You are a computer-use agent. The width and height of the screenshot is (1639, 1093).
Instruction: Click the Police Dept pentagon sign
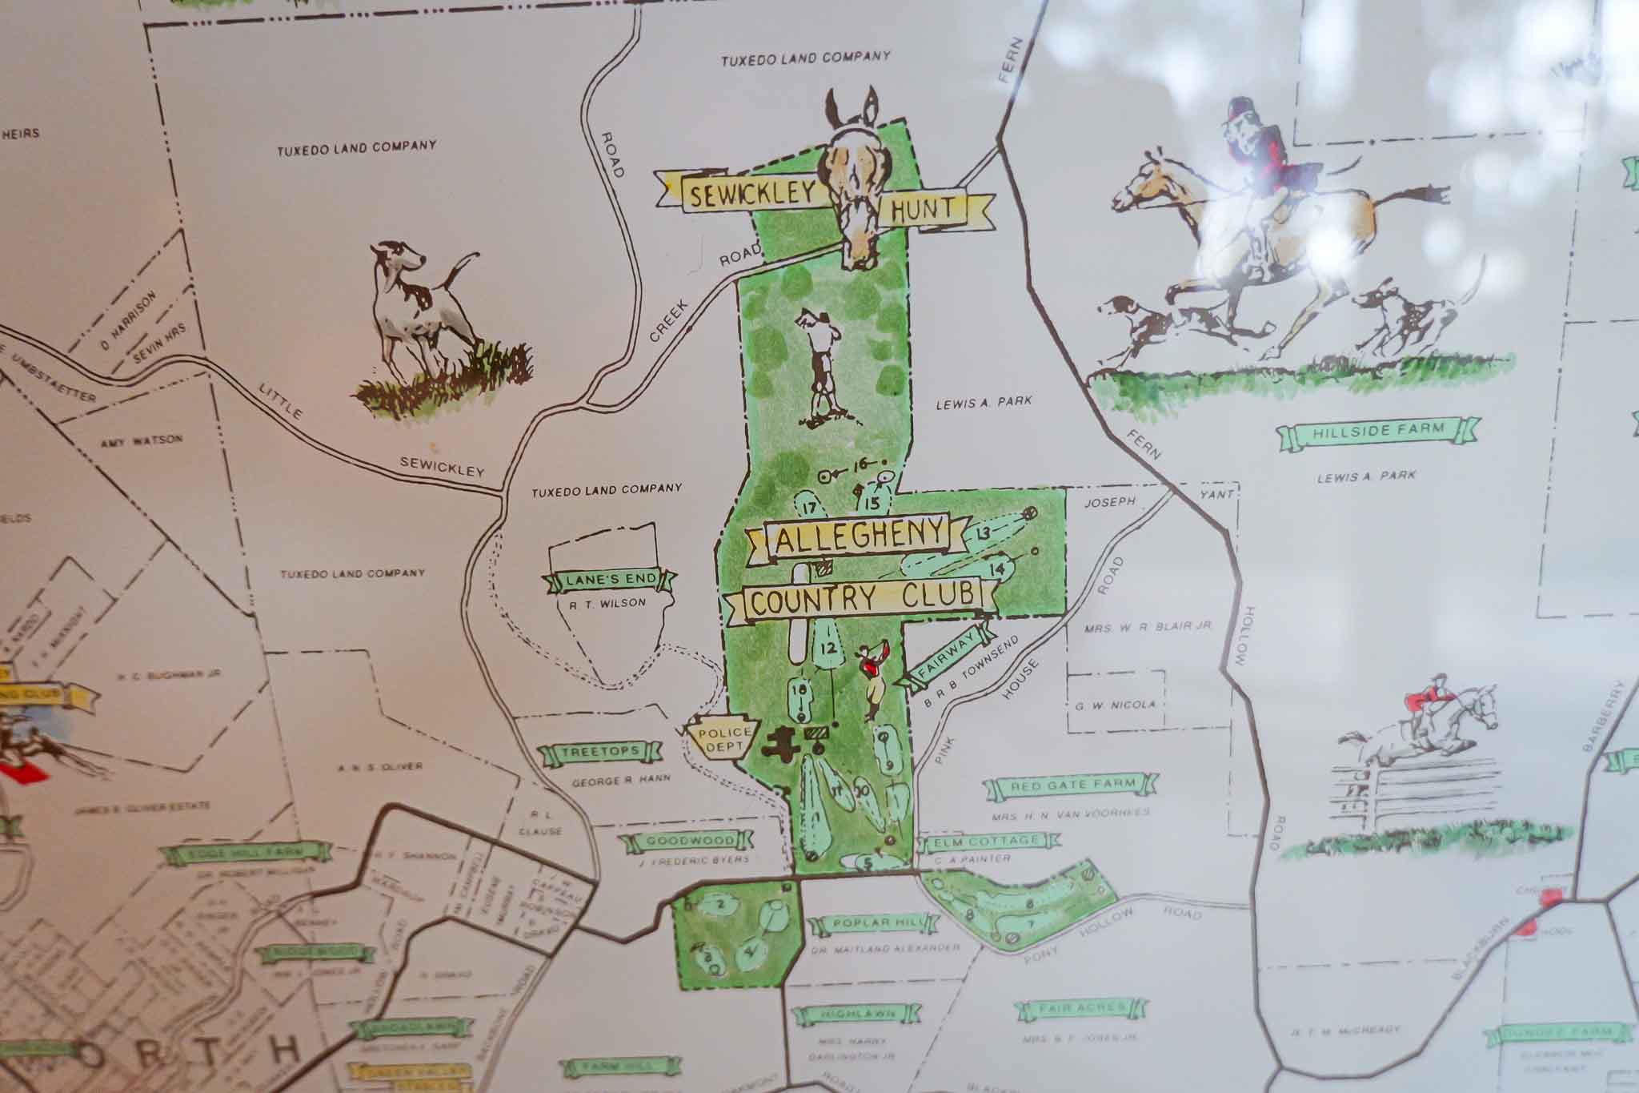coord(719,738)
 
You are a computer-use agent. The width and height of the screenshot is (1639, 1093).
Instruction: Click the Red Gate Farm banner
coord(1071,786)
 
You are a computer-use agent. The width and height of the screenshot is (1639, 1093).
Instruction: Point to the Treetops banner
coord(600,752)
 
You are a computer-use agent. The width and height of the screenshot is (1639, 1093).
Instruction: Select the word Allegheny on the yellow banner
coord(850,543)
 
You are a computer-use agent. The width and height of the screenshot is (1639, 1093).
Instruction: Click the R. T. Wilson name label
coord(611,603)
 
